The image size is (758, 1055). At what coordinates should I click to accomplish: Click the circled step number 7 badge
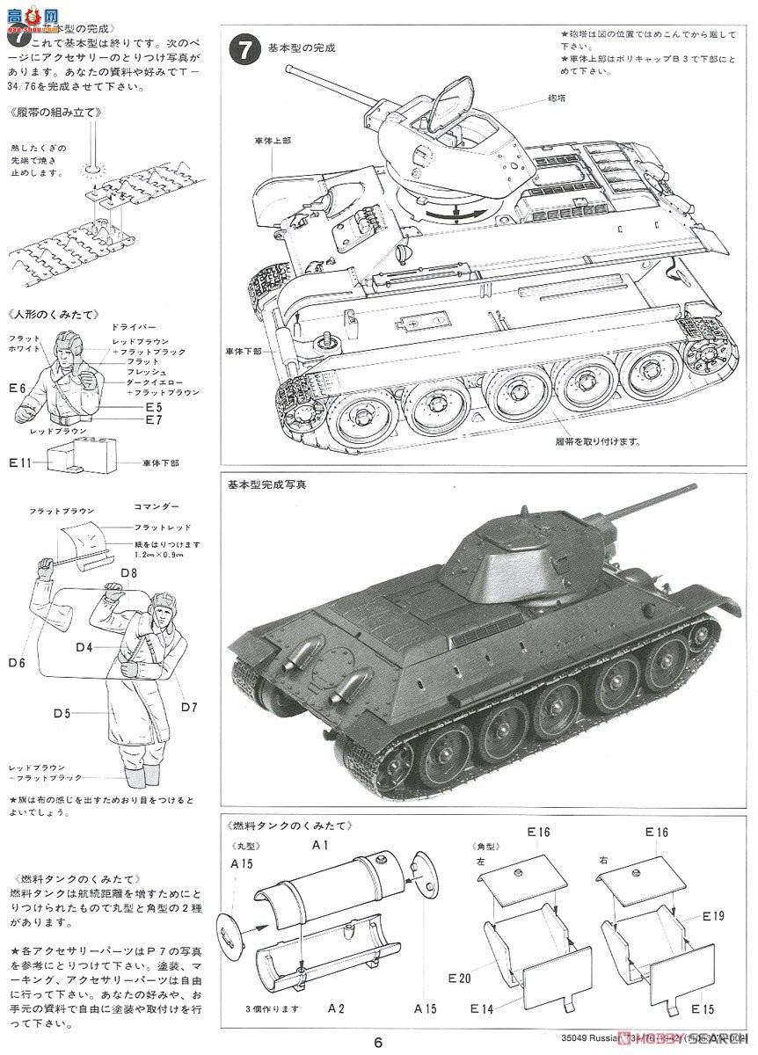244,47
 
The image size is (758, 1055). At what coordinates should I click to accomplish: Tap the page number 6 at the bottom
378,1042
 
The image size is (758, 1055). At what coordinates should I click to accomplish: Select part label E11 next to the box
19,462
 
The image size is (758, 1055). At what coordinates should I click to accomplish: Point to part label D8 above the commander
128,573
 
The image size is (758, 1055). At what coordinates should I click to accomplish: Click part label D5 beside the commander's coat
61,713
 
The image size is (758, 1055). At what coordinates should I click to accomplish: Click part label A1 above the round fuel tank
320,845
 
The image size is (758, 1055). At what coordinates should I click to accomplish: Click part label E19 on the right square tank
713,915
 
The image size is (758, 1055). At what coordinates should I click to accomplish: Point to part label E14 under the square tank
482,1008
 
